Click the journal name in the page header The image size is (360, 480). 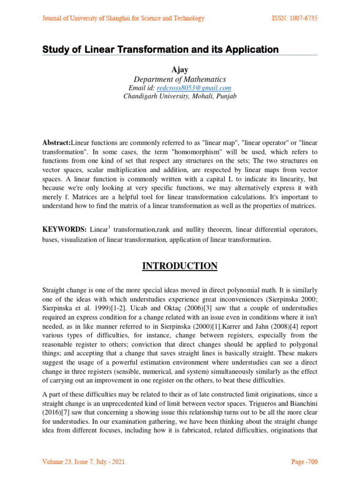coord(123,18)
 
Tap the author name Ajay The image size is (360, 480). coord(180,70)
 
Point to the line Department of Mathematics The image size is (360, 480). coord(180,79)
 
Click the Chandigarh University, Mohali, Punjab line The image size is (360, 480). coord(180,97)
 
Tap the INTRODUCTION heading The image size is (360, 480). coord(180,266)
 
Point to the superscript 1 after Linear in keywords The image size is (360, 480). coord(109,227)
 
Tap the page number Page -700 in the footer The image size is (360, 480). coord(304,462)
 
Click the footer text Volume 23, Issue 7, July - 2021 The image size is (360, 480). coord(84,462)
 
